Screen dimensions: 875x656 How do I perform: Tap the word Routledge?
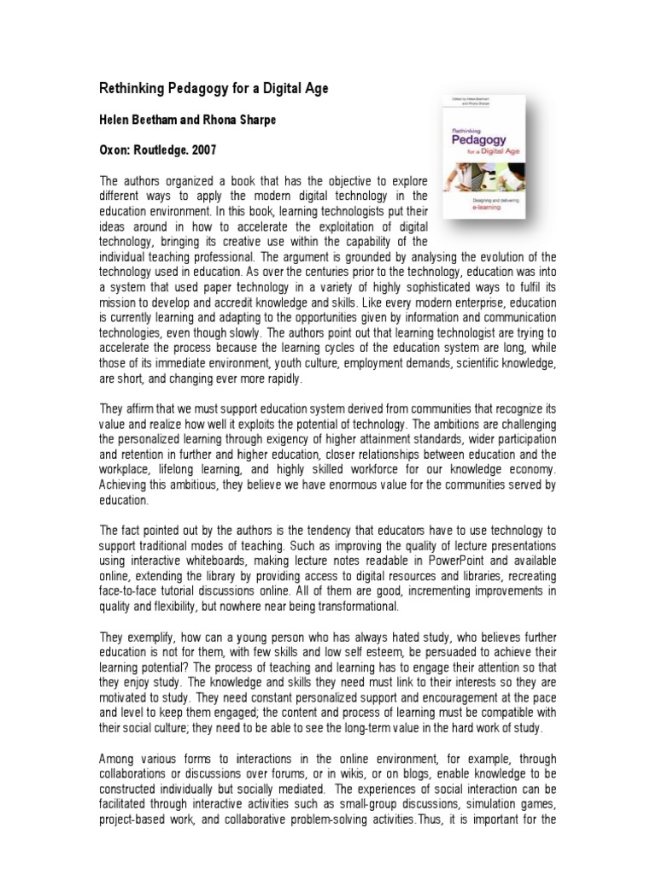tap(163, 150)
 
